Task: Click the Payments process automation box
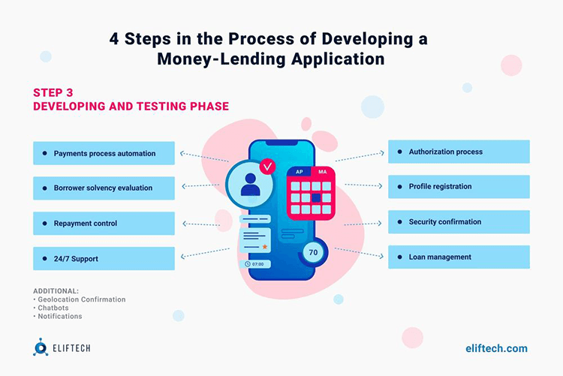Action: coord(104,153)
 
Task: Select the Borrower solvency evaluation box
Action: coord(104,188)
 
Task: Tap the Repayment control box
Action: coord(104,223)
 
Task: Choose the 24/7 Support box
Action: coord(104,258)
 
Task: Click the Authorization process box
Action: coord(458,152)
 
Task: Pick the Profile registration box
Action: coord(458,186)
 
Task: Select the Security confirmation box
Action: coord(458,222)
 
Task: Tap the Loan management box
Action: coord(458,257)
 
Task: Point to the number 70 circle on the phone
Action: coord(313,252)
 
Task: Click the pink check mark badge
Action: coord(267,165)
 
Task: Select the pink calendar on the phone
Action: coord(311,192)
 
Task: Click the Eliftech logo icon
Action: coord(40,347)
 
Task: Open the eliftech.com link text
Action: coord(496,347)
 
